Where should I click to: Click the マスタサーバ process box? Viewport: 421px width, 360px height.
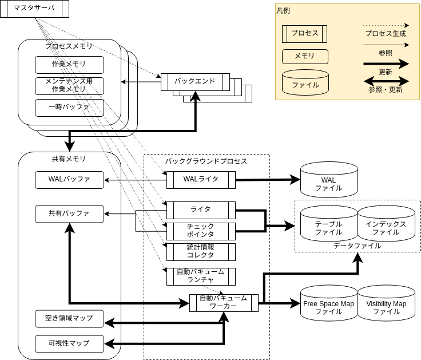point(34,9)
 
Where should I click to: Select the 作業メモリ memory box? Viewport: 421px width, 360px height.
point(69,65)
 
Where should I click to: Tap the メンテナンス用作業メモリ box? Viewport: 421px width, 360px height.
point(69,85)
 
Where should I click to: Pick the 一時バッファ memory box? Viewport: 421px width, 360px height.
point(69,107)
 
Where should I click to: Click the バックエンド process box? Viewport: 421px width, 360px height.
point(195,81)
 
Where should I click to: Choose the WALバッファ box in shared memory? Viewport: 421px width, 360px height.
point(69,179)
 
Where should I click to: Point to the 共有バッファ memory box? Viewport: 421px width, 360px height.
point(69,213)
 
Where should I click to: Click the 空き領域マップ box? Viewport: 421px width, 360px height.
point(69,318)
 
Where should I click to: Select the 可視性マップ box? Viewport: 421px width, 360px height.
point(69,343)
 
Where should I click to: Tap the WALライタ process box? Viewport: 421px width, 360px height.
point(201,179)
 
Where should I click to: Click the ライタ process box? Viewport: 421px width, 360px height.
point(201,209)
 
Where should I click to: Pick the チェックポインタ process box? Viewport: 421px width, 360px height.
point(201,231)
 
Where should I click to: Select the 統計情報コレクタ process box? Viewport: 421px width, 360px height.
point(201,251)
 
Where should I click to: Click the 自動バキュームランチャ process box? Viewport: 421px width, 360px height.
point(201,276)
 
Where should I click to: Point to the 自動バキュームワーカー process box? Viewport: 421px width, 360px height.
point(224,302)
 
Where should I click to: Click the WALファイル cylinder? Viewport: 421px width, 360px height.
point(328,183)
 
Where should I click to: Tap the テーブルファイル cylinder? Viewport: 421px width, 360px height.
point(328,227)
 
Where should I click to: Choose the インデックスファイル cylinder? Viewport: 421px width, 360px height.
point(386,227)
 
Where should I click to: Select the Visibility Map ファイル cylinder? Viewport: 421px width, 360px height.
point(386,307)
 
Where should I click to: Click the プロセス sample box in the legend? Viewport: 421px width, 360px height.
point(305,33)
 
